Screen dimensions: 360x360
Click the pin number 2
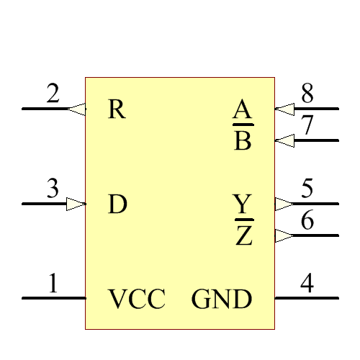coord(53,94)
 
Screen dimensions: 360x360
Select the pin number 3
coord(53,189)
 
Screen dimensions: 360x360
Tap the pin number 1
coord(53,284)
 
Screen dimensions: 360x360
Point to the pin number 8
coord(307,94)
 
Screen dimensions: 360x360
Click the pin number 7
coord(307,125)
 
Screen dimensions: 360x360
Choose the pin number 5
coord(307,189)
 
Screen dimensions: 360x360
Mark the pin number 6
coord(307,220)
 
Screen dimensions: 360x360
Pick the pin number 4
coord(307,284)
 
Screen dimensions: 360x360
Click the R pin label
coord(117,109)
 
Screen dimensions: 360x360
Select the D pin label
coord(117,204)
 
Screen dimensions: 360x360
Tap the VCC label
coord(137,299)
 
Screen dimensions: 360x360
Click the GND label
coord(222,299)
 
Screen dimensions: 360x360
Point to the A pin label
coord(243,110)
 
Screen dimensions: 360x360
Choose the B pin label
coord(243,140)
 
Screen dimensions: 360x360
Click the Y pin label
coord(243,204)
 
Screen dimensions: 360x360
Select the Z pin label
coord(244,235)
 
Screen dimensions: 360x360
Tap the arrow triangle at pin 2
coord(76,109)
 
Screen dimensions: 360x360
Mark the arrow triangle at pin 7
coord(284,140)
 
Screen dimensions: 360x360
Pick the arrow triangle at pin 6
coord(284,235)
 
